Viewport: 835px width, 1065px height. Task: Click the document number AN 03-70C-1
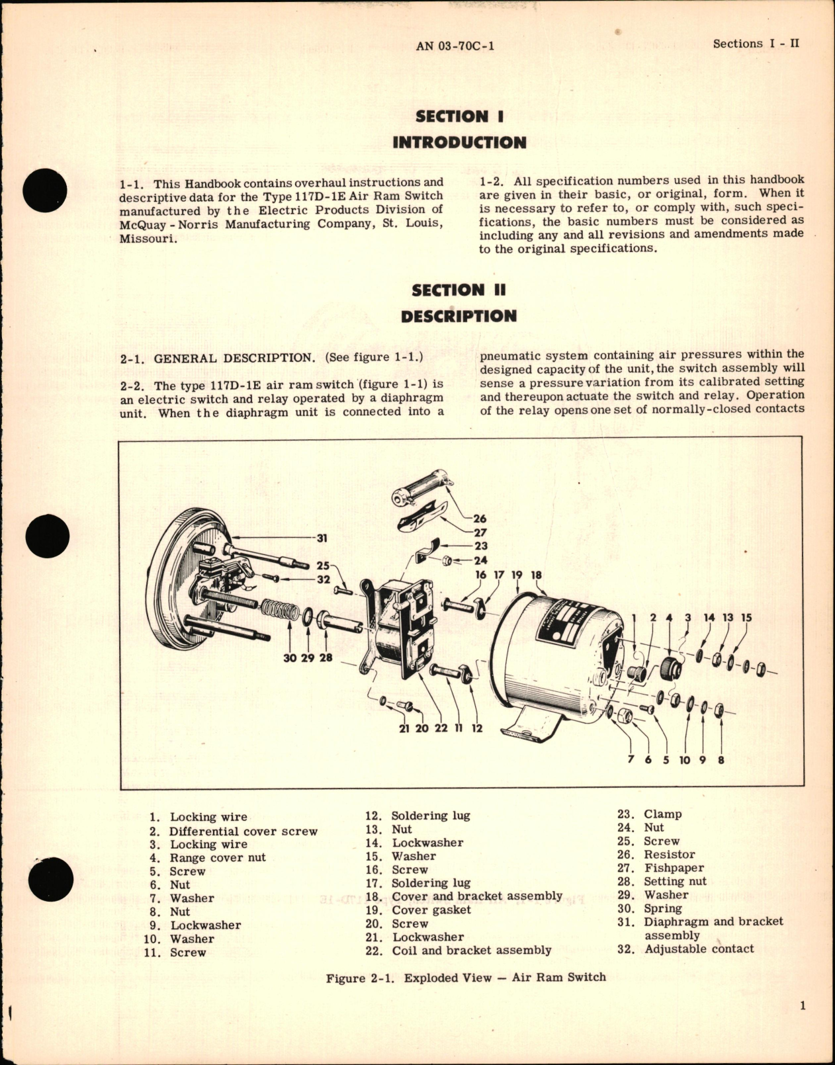coord(456,46)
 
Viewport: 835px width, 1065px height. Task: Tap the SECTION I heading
coord(459,116)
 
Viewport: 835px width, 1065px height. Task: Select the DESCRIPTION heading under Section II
coord(459,316)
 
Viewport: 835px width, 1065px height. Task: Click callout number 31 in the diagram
coord(322,538)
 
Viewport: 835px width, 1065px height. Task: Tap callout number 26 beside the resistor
coord(480,519)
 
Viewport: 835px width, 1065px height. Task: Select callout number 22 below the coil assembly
coord(441,728)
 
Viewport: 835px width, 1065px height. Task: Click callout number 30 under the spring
coord(290,658)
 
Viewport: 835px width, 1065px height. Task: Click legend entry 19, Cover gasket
coord(431,910)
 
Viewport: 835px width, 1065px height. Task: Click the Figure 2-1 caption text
coord(466,978)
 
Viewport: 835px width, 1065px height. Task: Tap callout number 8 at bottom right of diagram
coord(721,760)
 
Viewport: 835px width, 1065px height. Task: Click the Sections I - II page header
coord(756,44)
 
